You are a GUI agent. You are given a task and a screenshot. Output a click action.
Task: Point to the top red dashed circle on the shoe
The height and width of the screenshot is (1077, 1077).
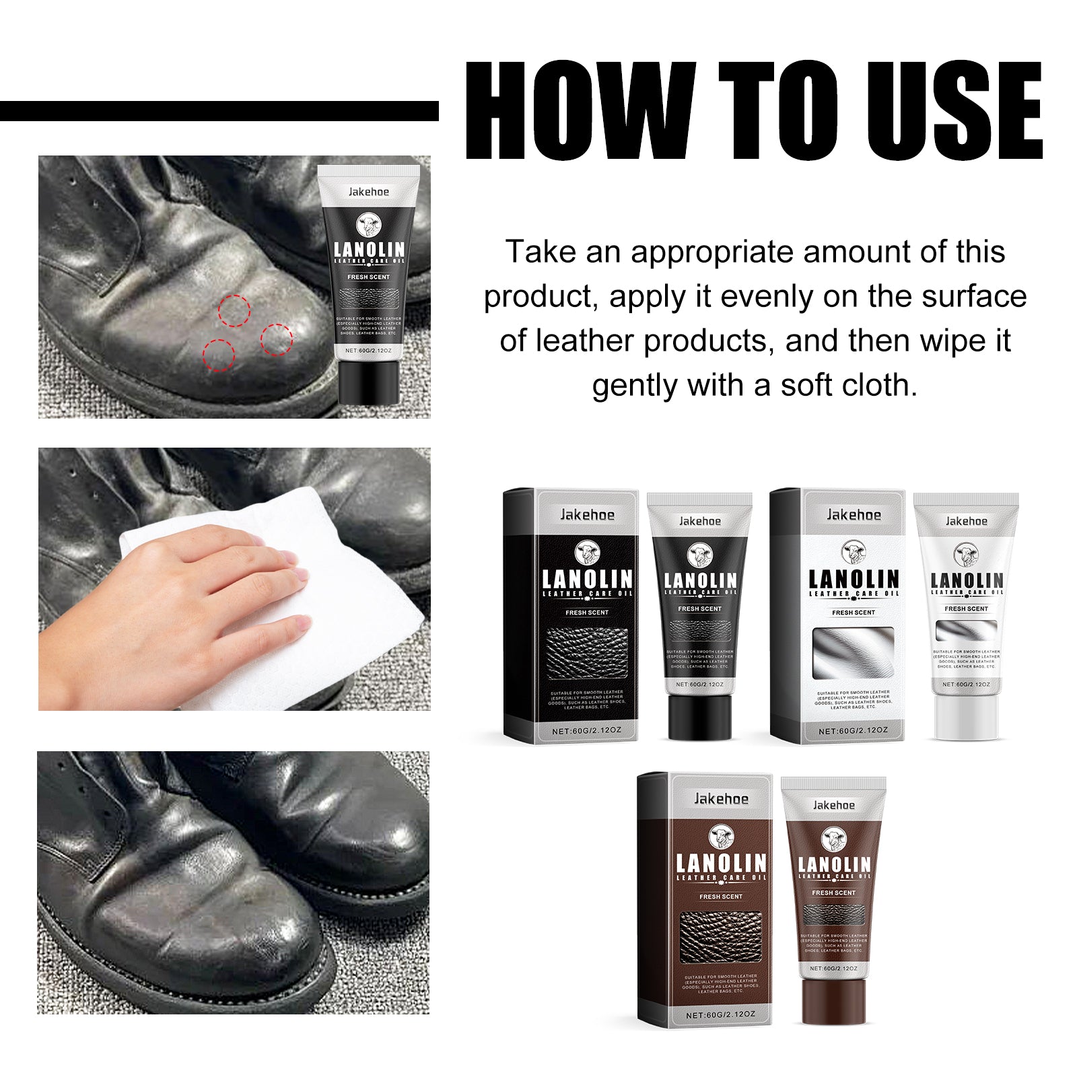(x=234, y=311)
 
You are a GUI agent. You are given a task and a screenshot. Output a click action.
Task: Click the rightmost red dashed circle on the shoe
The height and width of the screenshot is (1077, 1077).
(x=277, y=339)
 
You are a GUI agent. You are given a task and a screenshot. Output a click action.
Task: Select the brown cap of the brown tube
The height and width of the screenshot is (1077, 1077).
(x=833, y=1001)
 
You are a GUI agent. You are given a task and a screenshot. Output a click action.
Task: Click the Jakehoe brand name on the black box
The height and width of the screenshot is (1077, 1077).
(x=587, y=515)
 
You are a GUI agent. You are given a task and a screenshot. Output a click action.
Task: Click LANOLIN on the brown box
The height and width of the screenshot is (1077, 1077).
(x=721, y=864)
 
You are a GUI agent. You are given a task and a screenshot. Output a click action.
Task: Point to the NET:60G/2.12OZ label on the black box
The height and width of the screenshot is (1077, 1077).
(x=586, y=730)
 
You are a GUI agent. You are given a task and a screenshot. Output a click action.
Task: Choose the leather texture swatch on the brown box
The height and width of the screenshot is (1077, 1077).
(x=721, y=936)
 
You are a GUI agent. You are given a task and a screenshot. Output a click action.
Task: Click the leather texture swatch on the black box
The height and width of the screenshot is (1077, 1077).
(x=587, y=652)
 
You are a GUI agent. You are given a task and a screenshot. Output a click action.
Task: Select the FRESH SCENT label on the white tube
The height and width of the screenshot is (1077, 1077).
(x=966, y=609)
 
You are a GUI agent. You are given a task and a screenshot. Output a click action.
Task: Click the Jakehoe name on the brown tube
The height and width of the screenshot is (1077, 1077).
(x=833, y=805)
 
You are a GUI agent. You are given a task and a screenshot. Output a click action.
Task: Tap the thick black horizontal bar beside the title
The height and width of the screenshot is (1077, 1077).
(x=219, y=111)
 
